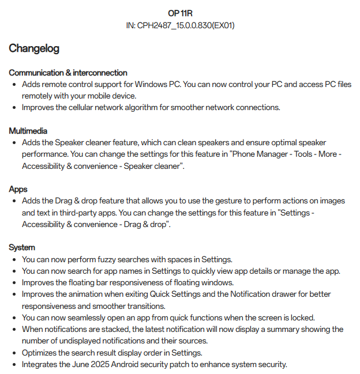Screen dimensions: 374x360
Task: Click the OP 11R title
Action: [x=180, y=13]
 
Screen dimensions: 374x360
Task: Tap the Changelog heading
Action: [x=34, y=48]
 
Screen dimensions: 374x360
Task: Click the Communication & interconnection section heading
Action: [x=68, y=73]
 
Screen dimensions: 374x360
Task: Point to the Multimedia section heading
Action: [x=28, y=131]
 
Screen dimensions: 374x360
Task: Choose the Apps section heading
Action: [x=18, y=189]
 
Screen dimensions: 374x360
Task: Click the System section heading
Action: [x=22, y=247]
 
